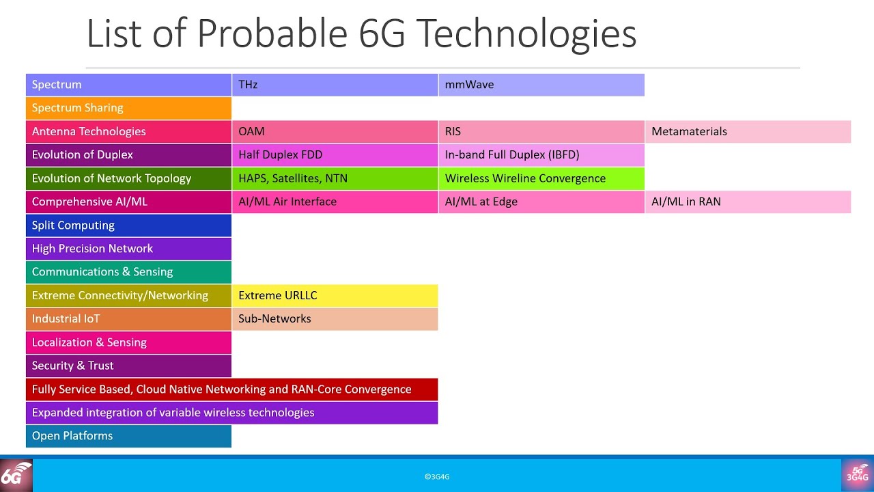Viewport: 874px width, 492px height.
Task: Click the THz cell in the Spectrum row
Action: tap(335, 85)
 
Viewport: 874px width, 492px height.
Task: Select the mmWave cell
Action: tap(541, 85)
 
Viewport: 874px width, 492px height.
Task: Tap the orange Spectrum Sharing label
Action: tap(128, 108)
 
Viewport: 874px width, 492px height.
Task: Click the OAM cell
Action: tap(335, 131)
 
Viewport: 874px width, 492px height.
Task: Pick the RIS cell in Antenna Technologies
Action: tap(541, 131)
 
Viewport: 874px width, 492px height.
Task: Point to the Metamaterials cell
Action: tap(748, 131)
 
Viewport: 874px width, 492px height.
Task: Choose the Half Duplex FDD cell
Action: tap(335, 154)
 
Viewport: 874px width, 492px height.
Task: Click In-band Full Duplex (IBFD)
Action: tap(541, 154)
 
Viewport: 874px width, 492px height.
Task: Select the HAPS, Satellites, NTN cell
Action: tap(335, 178)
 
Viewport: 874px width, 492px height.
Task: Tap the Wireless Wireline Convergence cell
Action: tap(541, 178)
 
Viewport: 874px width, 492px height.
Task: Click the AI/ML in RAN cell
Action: tap(748, 202)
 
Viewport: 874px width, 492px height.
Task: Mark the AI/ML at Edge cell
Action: tap(541, 202)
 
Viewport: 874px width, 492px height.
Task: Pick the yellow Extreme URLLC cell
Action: tap(335, 295)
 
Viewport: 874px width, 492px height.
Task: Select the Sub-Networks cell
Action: tap(335, 318)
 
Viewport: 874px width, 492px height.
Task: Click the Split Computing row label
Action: tap(128, 225)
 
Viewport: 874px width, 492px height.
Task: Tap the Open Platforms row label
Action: tap(128, 436)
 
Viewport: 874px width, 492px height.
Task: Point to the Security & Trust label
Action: tap(128, 366)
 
